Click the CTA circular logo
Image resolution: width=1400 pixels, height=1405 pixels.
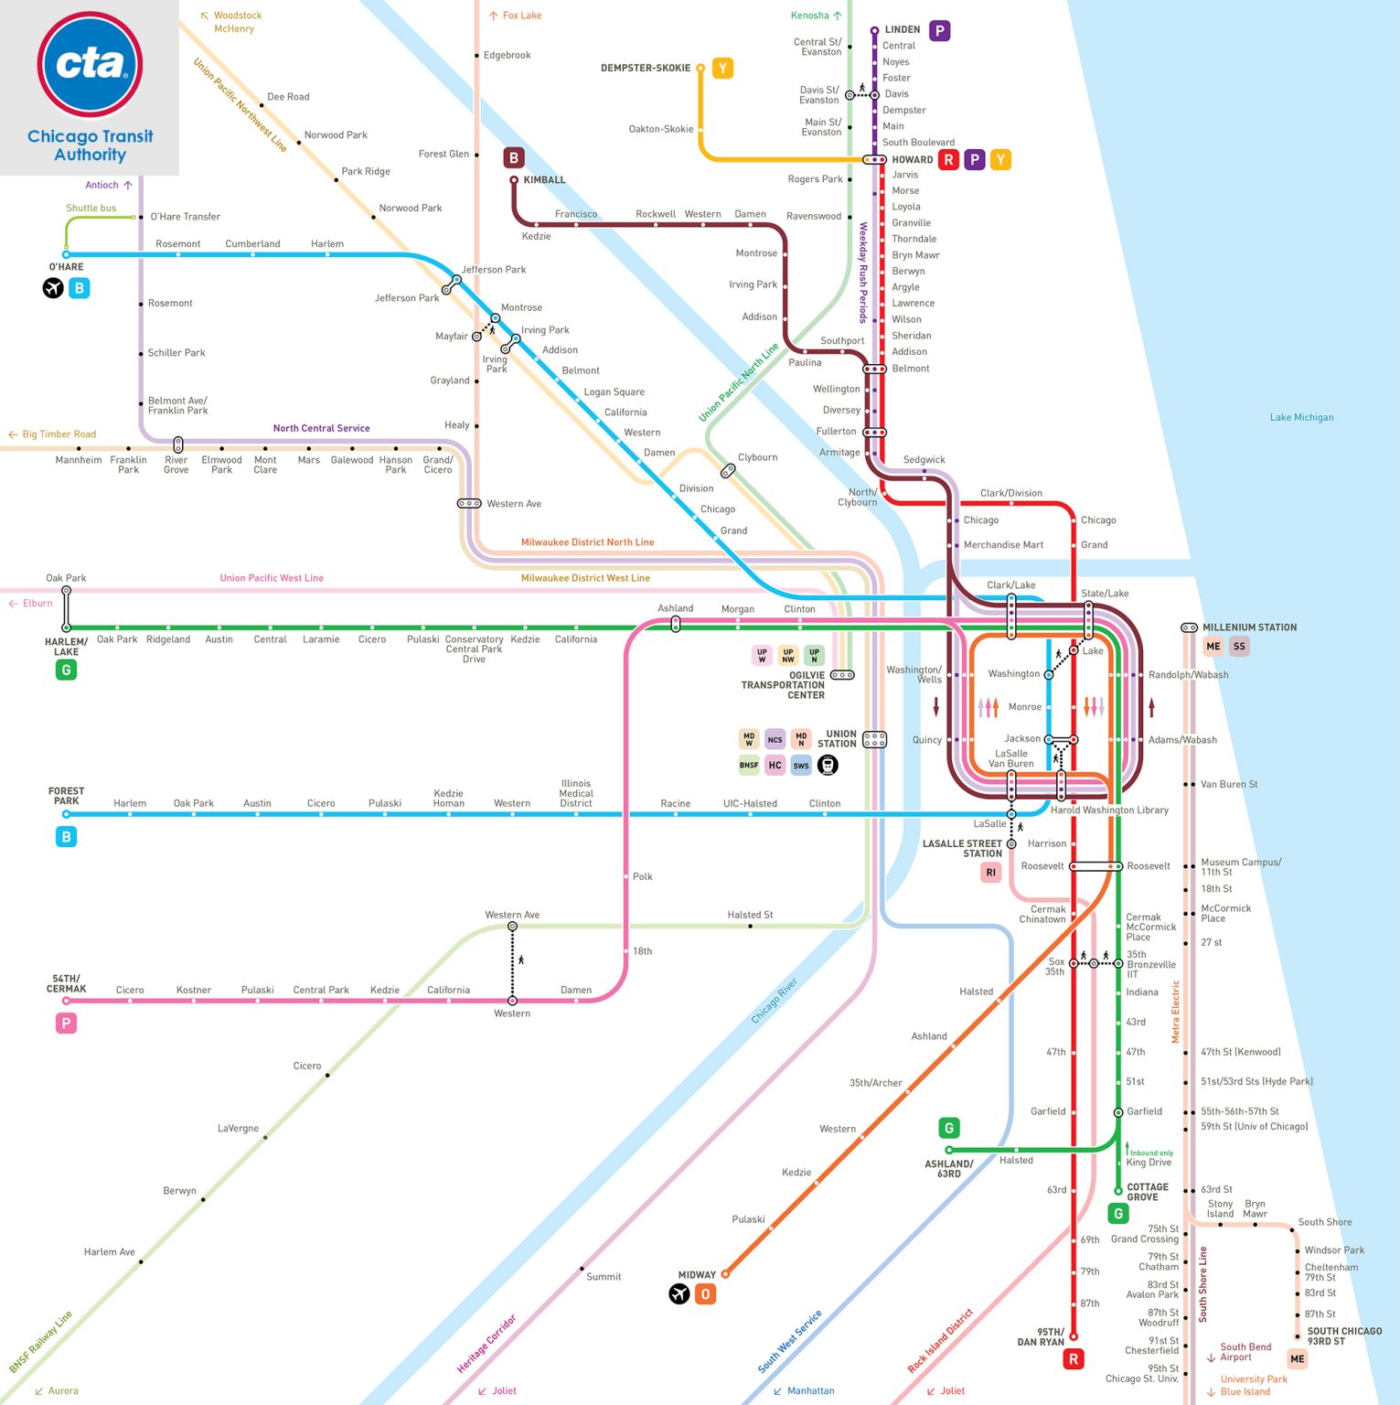click(90, 64)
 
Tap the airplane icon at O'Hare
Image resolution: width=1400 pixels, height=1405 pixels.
click(53, 288)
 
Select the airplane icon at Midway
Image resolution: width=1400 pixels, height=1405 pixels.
click(679, 1293)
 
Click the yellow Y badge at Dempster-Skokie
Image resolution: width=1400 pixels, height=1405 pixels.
click(722, 69)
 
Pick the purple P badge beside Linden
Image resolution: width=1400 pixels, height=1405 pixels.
click(939, 30)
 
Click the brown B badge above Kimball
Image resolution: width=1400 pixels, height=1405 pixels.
click(514, 157)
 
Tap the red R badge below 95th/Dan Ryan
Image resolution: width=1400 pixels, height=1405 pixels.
click(1074, 1359)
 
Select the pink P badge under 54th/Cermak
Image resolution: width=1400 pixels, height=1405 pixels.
click(66, 1024)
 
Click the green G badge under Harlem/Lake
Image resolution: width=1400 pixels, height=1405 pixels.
click(66, 670)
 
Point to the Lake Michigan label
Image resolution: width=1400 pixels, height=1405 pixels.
click(1301, 417)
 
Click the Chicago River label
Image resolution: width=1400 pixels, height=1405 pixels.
click(774, 999)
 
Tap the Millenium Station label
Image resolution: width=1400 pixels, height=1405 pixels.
click(1249, 627)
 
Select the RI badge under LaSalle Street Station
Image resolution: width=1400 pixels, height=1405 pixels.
click(991, 873)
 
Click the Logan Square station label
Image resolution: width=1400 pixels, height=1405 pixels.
click(614, 391)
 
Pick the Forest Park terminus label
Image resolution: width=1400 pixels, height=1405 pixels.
click(66, 796)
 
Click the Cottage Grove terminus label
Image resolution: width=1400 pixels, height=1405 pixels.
click(1147, 1192)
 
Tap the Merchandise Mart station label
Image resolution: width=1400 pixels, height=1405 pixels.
click(1003, 544)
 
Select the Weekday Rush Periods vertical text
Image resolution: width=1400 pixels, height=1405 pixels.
click(862, 273)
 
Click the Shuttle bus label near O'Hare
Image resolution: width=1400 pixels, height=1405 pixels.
click(91, 208)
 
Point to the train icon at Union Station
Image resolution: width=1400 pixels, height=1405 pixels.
click(828, 765)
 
